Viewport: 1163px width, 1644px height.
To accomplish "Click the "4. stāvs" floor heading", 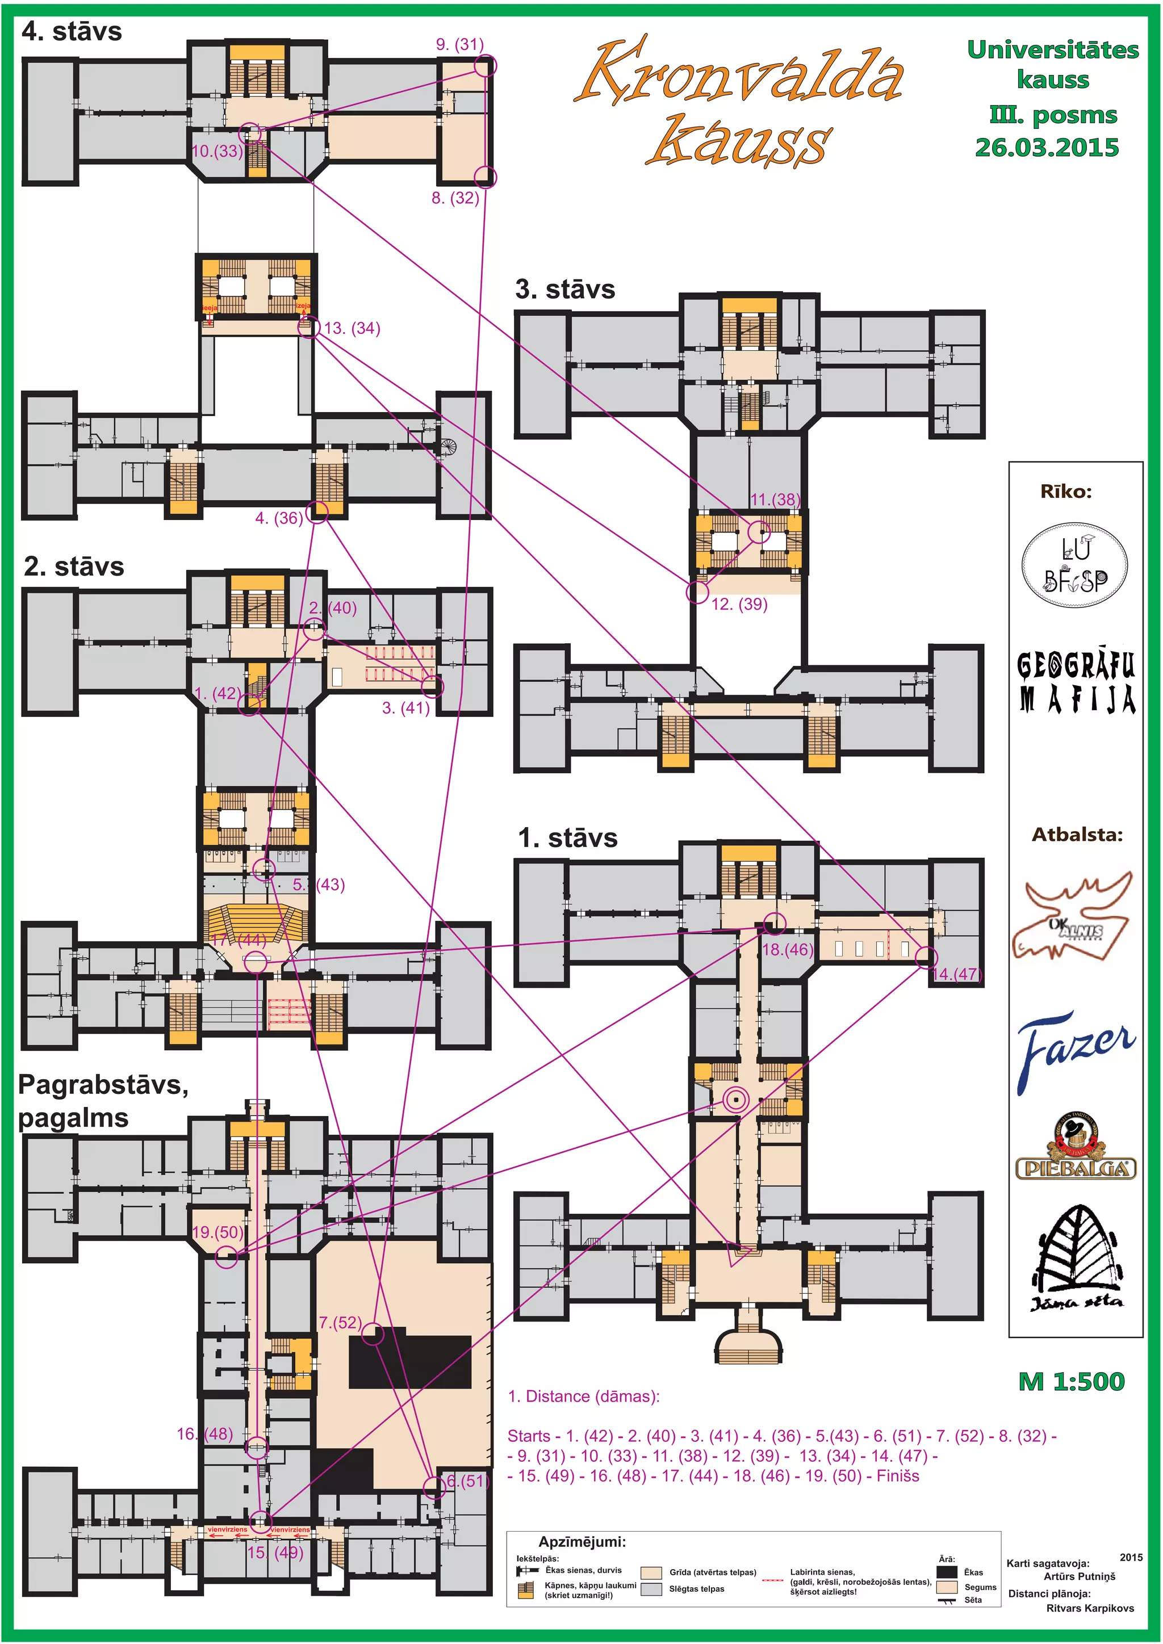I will point(72,31).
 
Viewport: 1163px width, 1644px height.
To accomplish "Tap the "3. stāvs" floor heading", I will point(565,290).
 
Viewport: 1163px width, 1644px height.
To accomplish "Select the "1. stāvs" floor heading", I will point(567,838).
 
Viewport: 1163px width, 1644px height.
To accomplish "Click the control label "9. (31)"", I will point(460,44).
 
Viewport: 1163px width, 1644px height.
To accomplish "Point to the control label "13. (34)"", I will point(352,329).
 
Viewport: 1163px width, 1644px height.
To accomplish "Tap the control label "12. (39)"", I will point(739,605).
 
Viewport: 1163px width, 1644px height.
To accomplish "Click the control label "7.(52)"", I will point(340,1323).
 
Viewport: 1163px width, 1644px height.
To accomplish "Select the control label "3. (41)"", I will point(405,708).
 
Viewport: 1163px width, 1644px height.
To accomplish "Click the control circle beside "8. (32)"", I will point(486,176).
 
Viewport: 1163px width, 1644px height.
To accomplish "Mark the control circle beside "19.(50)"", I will point(227,1257).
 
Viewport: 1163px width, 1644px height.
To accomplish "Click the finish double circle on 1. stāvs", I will point(735,1099).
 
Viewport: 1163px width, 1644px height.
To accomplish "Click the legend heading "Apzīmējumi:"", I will point(581,1542).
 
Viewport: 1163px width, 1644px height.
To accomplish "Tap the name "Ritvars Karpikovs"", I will point(1090,1608).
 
